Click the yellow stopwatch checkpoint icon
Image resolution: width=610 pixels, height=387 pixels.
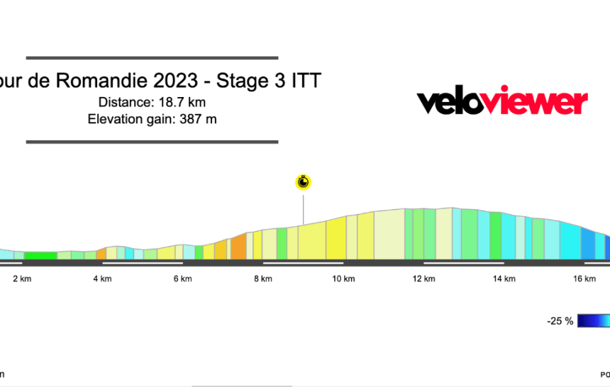click(304, 182)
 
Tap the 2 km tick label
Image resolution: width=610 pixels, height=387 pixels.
click(22, 279)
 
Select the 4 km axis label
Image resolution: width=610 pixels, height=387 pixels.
click(102, 279)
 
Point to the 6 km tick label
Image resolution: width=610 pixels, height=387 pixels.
click(182, 279)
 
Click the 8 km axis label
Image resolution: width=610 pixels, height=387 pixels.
click(263, 279)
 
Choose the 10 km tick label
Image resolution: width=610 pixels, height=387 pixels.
click(343, 279)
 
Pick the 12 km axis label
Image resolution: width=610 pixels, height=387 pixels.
click(423, 279)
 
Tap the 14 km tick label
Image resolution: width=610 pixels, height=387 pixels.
click(504, 279)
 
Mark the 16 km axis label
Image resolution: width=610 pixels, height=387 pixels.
click(584, 279)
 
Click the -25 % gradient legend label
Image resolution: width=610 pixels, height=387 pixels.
click(560, 321)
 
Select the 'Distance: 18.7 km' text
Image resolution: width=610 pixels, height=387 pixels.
click(152, 103)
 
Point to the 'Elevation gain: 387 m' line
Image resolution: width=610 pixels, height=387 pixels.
click(152, 119)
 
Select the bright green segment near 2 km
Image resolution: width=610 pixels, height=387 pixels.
click(40, 256)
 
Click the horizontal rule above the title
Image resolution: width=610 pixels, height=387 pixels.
click(152, 57)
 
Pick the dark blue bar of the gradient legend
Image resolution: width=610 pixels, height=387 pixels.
click(593, 321)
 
